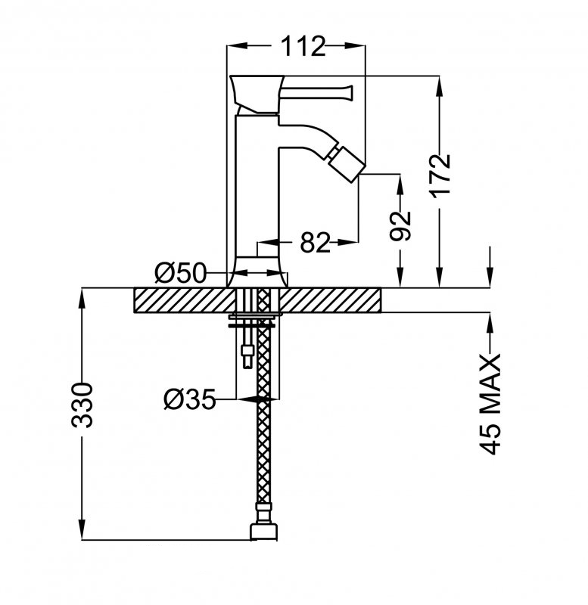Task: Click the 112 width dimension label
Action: click(303, 46)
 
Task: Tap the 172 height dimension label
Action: click(441, 176)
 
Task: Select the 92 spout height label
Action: click(400, 225)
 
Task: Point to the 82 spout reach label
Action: click(315, 243)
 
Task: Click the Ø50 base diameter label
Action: click(180, 273)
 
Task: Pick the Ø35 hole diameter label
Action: click(189, 399)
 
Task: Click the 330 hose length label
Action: click(82, 405)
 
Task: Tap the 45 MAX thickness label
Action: click(490, 404)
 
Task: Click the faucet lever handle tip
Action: click(350, 92)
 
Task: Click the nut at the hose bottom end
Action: click(264, 531)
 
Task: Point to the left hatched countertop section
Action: click(185, 299)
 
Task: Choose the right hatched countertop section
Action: click(331, 299)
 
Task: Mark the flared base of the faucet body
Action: click(257, 272)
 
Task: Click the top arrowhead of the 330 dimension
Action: click(82, 297)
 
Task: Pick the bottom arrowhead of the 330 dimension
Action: click(82, 530)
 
